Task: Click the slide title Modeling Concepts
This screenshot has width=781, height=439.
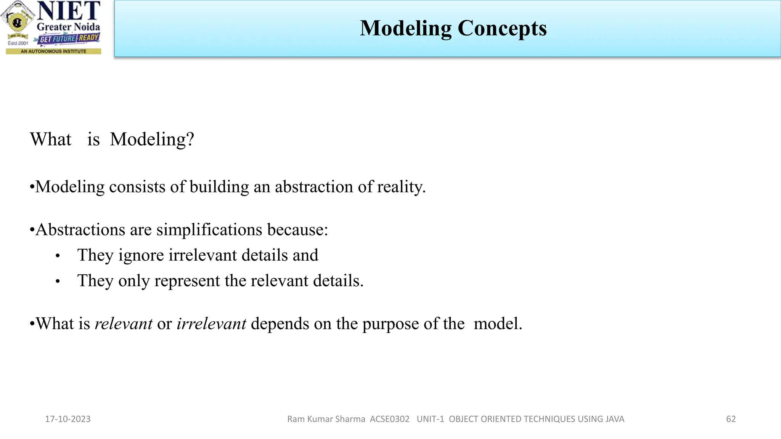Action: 453,28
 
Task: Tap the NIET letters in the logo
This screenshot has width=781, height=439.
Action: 69,11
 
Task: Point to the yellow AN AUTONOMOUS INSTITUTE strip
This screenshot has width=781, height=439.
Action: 53,51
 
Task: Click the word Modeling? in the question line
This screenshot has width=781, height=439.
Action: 152,139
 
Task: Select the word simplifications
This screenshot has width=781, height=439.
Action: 209,230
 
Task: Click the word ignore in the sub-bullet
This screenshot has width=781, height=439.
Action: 141,255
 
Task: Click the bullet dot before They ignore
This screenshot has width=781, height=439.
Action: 58,256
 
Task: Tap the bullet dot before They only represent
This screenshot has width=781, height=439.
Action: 58,282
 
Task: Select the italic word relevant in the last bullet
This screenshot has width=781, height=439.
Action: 124,324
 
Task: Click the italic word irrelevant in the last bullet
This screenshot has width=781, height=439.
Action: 211,324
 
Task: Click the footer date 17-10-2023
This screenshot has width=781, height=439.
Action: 68,419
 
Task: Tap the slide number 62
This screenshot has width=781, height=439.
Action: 731,419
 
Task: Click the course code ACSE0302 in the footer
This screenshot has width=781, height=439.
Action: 389,419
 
